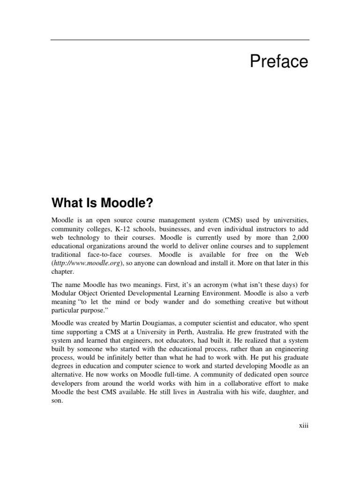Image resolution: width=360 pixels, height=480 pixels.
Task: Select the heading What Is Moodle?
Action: tap(102, 203)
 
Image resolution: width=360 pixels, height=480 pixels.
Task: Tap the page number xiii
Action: tap(303, 426)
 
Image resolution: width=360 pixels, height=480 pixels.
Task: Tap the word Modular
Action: tap(64, 292)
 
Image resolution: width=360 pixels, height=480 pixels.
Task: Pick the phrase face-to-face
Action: tap(110, 255)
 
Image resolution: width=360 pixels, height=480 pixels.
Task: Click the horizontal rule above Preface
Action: tap(180, 39)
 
